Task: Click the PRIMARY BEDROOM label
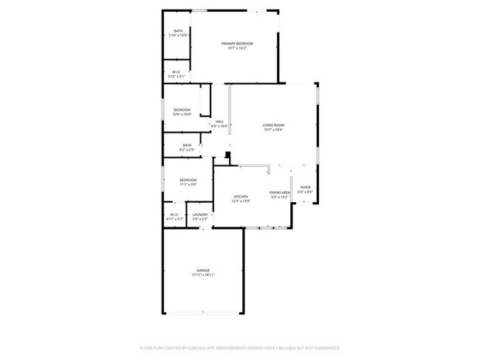[x=238, y=44]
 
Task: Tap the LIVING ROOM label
[x=273, y=125]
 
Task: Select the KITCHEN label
[x=241, y=196]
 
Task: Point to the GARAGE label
[x=203, y=271]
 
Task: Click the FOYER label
[x=305, y=187]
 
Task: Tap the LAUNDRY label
[x=200, y=215]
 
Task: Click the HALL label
[x=219, y=122]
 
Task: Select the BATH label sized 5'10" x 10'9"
[x=178, y=31]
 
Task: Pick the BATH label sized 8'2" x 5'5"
[x=187, y=145]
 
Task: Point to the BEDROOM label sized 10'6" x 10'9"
[x=182, y=110]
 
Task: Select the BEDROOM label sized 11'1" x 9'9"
[x=188, y=180]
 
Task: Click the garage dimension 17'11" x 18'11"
[x=203, y=275]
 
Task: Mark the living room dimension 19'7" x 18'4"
[x=273, y=130]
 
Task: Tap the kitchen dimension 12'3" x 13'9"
[x=241, y=201]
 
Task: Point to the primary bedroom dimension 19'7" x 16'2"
[x=238, y=48]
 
